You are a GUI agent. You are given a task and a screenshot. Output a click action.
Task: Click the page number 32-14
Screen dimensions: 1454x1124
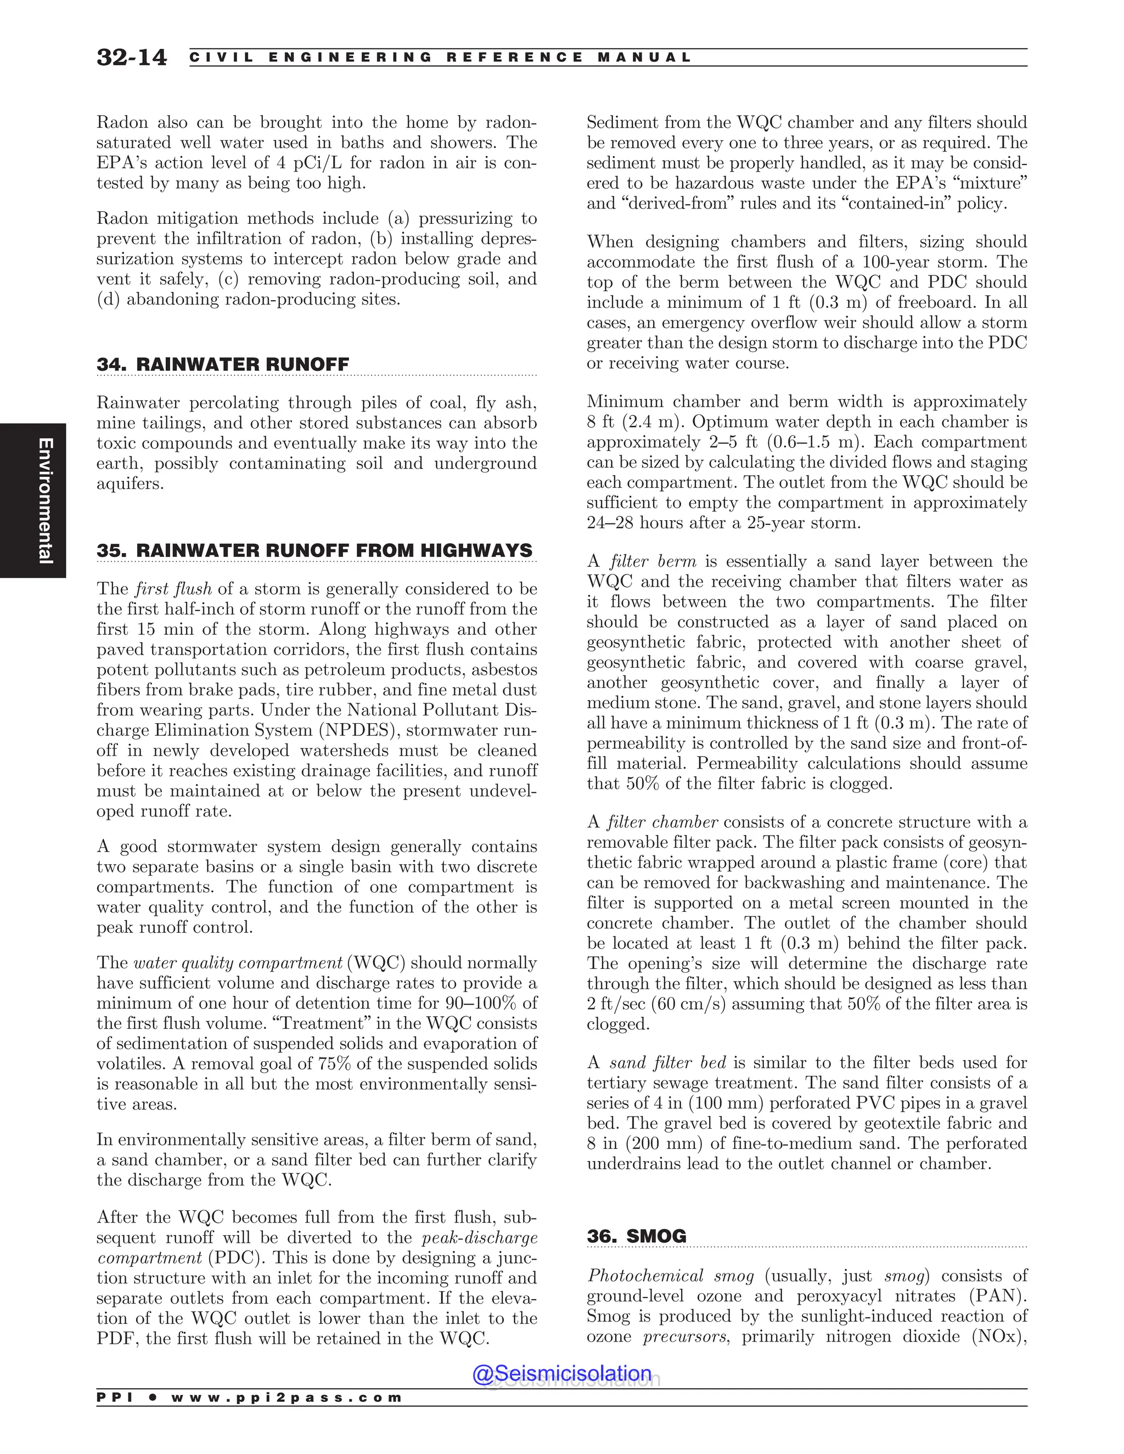pos(131,57)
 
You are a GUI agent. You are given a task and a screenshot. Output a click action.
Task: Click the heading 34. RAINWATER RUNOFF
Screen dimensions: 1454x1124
pos(222,364)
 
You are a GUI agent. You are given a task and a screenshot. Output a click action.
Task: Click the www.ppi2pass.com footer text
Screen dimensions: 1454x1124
pos(286,1397)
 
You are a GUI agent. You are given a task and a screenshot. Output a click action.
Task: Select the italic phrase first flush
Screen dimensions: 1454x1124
pos(173,589)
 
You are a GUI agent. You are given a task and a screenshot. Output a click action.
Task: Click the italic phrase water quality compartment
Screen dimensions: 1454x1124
pos(238,963)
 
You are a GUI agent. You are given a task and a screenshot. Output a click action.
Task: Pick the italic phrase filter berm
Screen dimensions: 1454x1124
pos(653,561)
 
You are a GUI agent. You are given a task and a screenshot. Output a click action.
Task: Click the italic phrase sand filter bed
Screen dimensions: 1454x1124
pos(667,1063)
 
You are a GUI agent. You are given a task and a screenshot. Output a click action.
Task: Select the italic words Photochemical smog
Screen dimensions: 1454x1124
pos(670,1276)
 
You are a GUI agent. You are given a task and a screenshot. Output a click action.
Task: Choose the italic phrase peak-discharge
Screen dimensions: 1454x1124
pos(480,1238)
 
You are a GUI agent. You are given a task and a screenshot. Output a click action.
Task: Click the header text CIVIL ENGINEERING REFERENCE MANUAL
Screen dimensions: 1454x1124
pos(440,57)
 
